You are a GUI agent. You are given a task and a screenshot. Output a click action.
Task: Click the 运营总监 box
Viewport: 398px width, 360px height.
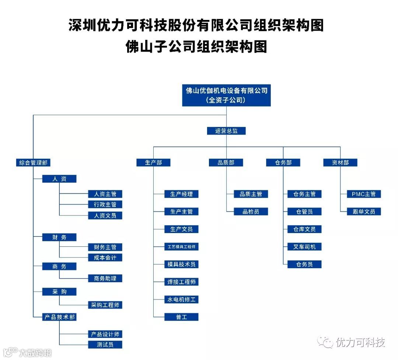[226, 131]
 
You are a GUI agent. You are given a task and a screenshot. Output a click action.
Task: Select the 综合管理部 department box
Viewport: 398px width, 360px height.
[33, 162]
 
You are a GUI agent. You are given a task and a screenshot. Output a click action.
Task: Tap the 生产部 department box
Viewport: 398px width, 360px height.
[153, 162]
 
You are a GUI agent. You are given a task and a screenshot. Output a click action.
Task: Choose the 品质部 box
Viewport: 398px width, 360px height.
[226, 162]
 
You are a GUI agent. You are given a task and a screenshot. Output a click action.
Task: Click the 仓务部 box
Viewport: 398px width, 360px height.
[283, 162]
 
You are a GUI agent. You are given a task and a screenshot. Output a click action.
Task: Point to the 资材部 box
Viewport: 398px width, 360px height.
[340, 162]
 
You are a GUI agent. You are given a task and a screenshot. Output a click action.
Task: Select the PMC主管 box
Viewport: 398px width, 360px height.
[363, 194]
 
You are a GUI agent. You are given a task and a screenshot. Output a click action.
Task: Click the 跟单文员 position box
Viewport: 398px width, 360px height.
[363, 211]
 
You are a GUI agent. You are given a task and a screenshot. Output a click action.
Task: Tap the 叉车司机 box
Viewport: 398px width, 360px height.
[304, 247]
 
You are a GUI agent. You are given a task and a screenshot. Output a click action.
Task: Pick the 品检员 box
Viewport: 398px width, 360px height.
[251, 211]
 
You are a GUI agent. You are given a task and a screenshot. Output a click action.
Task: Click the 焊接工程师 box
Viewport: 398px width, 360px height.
[181, 282]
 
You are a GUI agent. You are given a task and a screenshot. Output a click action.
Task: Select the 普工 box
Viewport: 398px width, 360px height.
[181, 317]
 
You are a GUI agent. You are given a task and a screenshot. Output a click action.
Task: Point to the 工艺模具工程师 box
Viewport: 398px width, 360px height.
[181, 247]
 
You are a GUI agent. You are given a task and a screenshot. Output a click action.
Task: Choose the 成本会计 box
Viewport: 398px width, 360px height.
[105, 257]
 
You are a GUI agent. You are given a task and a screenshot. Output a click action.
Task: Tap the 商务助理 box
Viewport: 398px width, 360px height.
[105, 278]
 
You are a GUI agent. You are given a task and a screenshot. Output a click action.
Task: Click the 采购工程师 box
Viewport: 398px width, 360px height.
[105, 305]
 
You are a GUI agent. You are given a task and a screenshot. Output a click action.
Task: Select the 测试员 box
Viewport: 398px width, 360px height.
[105, 345]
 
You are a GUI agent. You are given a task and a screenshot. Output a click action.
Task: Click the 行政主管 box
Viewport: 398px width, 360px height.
[105, 204]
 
